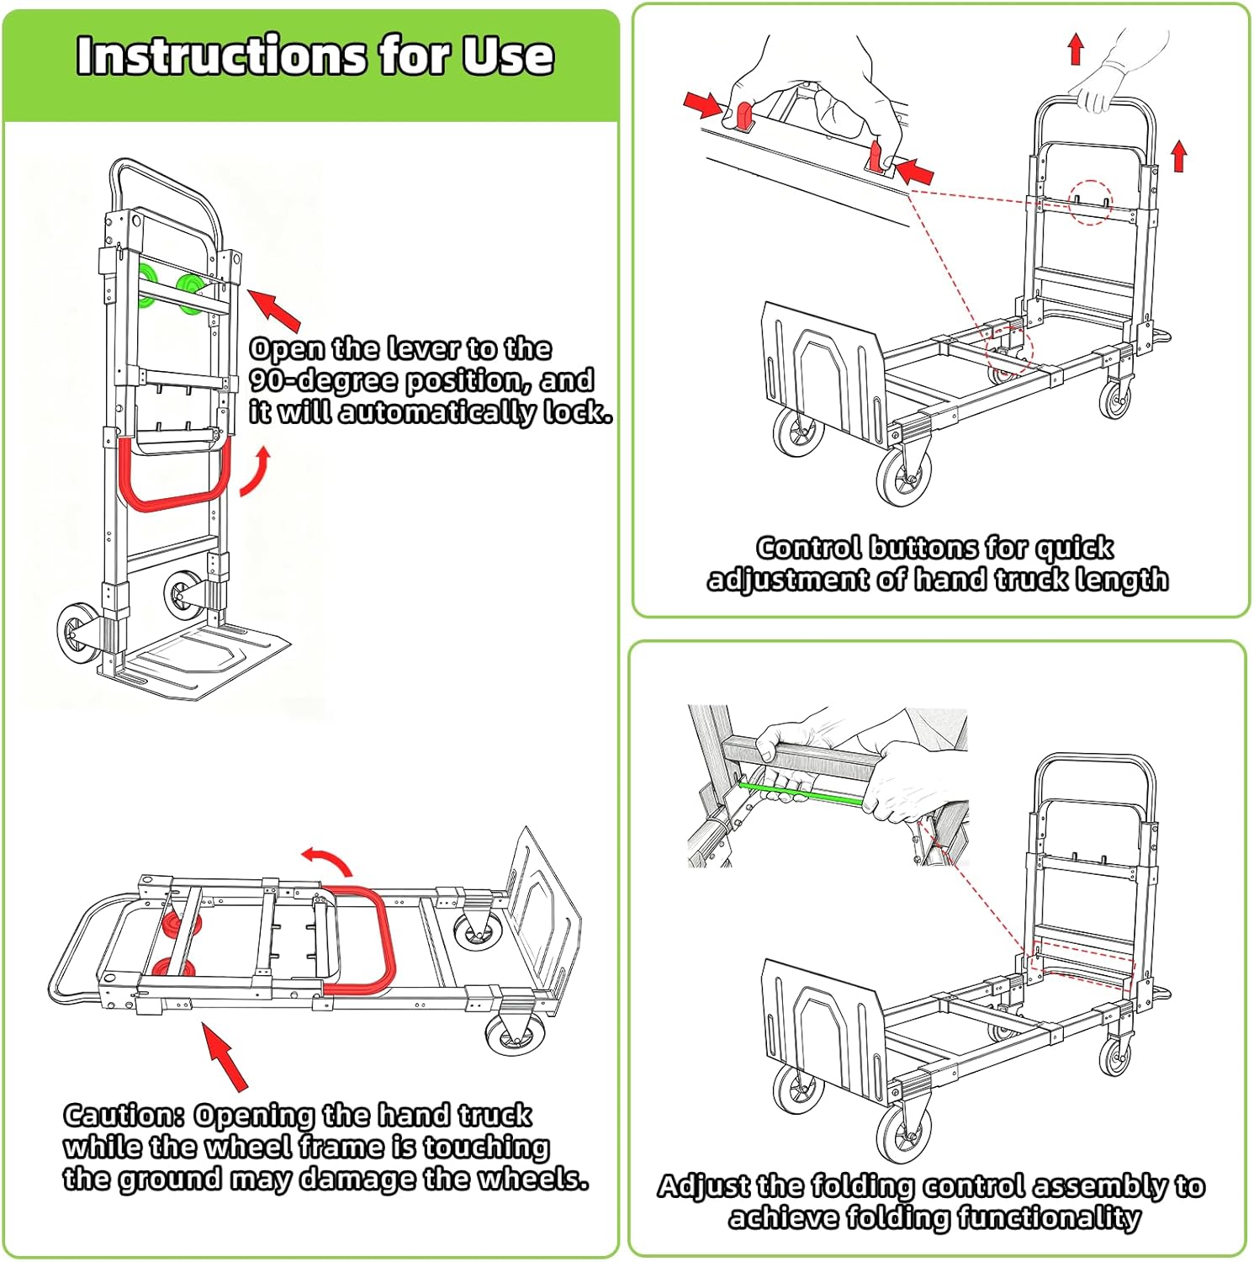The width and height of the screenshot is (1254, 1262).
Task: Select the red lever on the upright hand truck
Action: (x=174, y=500)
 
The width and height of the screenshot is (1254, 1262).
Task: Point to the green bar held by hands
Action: (x=801, y=793)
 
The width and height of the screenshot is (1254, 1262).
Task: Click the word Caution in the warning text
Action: (x=124, y=1116)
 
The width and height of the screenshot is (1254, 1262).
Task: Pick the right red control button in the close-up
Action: (x=877, y=156)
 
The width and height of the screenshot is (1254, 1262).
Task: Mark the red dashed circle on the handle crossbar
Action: (x=1090, y=202)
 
